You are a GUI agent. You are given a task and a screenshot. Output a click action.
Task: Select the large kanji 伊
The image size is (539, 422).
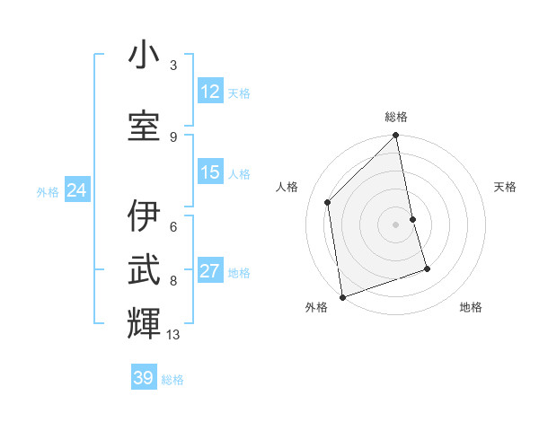point(144,216)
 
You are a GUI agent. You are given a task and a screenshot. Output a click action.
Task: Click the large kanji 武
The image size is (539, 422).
point(144,268)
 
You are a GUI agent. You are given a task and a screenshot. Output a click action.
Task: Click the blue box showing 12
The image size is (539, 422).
point(210,92)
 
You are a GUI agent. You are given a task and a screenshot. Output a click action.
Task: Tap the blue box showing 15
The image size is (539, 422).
point(210,172)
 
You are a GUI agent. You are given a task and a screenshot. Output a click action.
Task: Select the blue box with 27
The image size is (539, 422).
point(210,271)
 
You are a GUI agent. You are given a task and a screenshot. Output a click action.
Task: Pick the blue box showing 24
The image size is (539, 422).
point(77,190)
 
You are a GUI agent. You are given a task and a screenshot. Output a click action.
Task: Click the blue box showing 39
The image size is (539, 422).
point(144,378)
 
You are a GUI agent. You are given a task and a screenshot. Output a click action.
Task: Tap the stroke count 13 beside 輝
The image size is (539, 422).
point(173,335)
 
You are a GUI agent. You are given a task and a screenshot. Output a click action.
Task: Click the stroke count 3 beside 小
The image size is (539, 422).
point(173,66)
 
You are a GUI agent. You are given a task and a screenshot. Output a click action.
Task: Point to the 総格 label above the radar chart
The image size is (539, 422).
point(396,117)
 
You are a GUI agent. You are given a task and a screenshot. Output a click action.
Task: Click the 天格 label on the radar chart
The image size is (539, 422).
point(505,187)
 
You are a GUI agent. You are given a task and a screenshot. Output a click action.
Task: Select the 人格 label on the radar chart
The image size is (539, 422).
point(287,187)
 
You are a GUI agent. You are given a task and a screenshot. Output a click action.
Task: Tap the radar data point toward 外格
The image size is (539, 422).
point(342,296)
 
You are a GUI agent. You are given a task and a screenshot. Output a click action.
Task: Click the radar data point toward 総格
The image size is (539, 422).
point(396,136)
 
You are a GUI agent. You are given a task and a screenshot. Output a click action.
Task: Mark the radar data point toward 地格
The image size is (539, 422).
point(427,268)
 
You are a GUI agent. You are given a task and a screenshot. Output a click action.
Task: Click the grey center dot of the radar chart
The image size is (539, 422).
point(396,224)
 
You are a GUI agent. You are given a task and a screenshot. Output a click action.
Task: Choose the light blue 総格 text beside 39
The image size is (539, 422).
point(172,380)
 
